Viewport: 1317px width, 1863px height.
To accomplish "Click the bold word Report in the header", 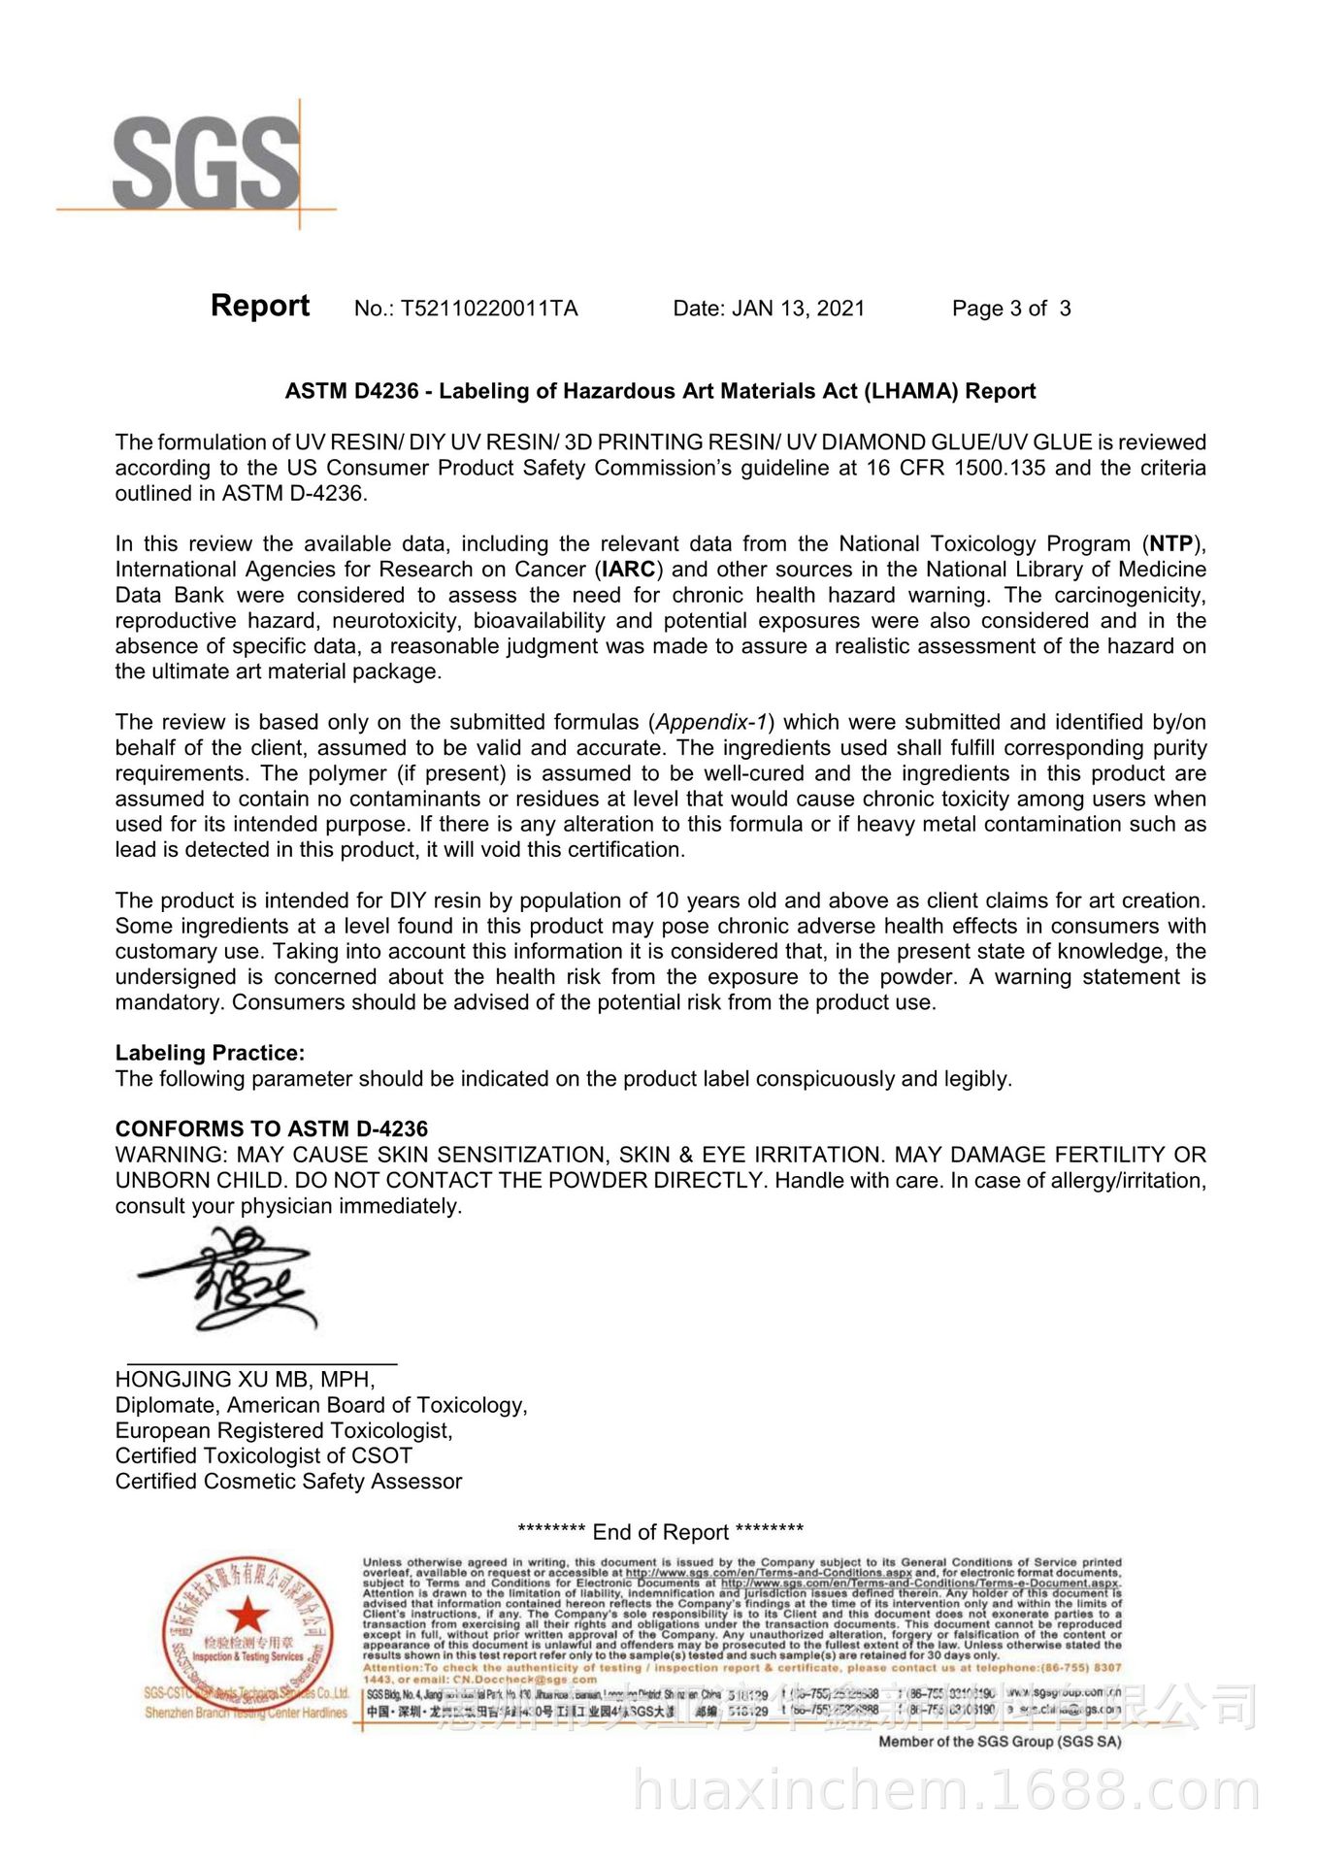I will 260,306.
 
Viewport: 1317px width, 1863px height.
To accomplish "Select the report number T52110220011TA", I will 489,309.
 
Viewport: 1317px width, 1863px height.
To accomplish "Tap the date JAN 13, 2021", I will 798,309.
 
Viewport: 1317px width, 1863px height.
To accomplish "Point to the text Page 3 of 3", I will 1011,309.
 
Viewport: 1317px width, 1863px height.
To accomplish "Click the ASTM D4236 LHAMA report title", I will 660,391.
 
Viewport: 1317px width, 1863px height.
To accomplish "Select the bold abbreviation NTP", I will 1170,543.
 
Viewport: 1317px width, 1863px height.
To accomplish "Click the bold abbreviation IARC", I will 628,570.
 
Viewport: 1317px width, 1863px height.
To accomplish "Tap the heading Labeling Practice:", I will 210,1053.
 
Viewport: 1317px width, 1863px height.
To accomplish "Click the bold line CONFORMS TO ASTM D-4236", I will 272,1129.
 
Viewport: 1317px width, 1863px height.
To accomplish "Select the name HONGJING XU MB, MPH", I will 245,1380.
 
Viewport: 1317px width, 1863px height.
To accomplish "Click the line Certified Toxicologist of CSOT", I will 264,1455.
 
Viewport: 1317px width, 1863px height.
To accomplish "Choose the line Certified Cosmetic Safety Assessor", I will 288,1482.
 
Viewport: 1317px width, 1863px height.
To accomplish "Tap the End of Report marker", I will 660,1532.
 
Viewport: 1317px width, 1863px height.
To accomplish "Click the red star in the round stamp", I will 248,1616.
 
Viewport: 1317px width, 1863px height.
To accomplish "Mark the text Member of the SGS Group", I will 1000,1742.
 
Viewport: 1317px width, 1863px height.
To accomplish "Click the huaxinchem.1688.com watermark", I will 946,1791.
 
